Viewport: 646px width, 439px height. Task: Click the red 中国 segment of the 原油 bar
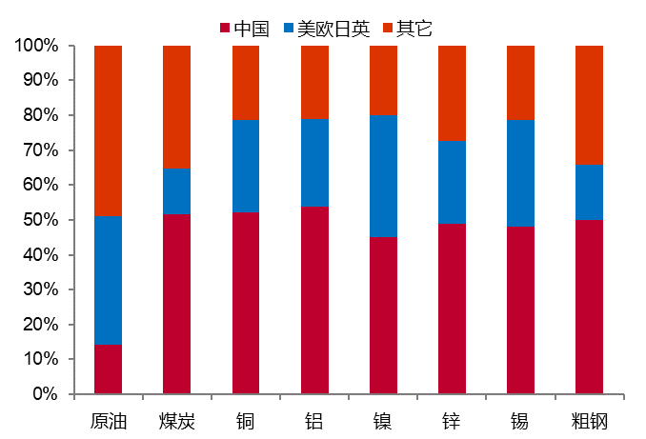[x=108, y=369]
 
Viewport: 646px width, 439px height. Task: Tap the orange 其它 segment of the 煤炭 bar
[x=176, y=107]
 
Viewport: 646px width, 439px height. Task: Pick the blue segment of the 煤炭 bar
[x=176, y=191]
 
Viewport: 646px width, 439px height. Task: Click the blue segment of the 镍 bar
[x=383, y=176]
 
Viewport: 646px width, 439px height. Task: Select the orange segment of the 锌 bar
[x=452, y=92]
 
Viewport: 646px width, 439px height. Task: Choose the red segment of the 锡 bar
[x=520, y=309]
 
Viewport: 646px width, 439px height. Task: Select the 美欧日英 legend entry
[x=328, y=29]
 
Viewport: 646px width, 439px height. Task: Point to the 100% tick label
[x=36, y=46]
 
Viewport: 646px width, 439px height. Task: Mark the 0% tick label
[x=44, y=393]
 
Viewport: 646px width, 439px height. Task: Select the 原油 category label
[x=108, y=420]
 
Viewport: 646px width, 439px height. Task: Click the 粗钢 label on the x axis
[x=589, y=420]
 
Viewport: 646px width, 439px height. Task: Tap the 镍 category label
[x=383, y=420]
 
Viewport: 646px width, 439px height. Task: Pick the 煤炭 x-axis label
[x=176, y=420]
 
